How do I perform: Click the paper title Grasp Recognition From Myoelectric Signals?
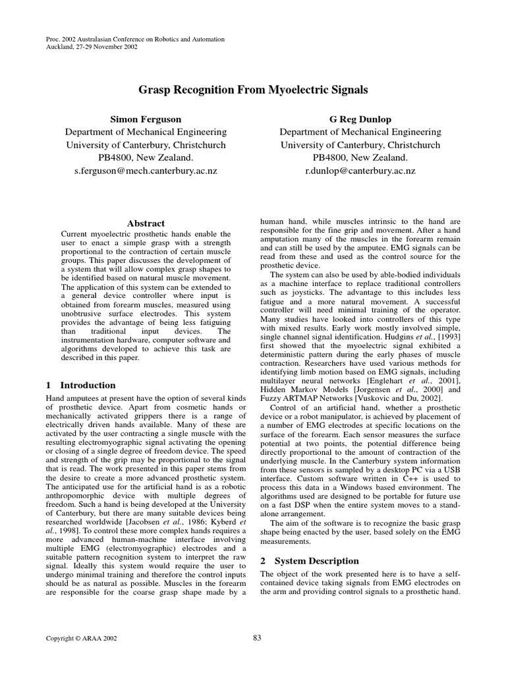pyautogui.click(x=253, y=89)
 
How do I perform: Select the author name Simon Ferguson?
pyautogui.click(x=146, y=119)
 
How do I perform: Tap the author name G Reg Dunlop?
pyautogui.click(x=360, y=119)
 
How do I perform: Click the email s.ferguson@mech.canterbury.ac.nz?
pyautogui.click(x=146, y=171)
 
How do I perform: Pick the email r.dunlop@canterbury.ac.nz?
pyautogui.click(x=360, y=171)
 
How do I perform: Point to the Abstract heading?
pyautogui.click(x=146, y=223)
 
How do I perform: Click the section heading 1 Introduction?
pyautogui.click(x=80, y=385)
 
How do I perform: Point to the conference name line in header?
pyautogui.click(x=134, y=40)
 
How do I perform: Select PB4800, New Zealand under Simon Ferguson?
pyautogui.click(x=146, y=158)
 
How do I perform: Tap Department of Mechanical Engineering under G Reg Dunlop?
pyautogui.click(x=360, y=132)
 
